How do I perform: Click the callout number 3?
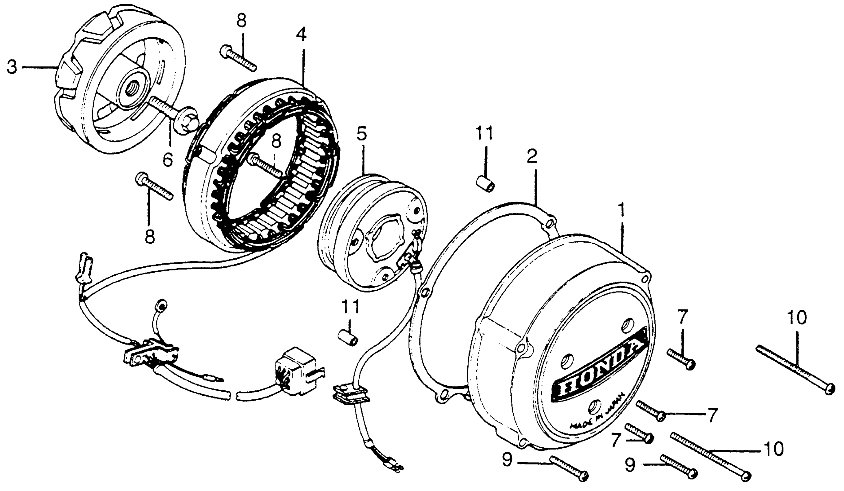click(x=12, y=67)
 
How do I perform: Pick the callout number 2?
click(x=532, y=156)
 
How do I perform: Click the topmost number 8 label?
click(x=241, y=21)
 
